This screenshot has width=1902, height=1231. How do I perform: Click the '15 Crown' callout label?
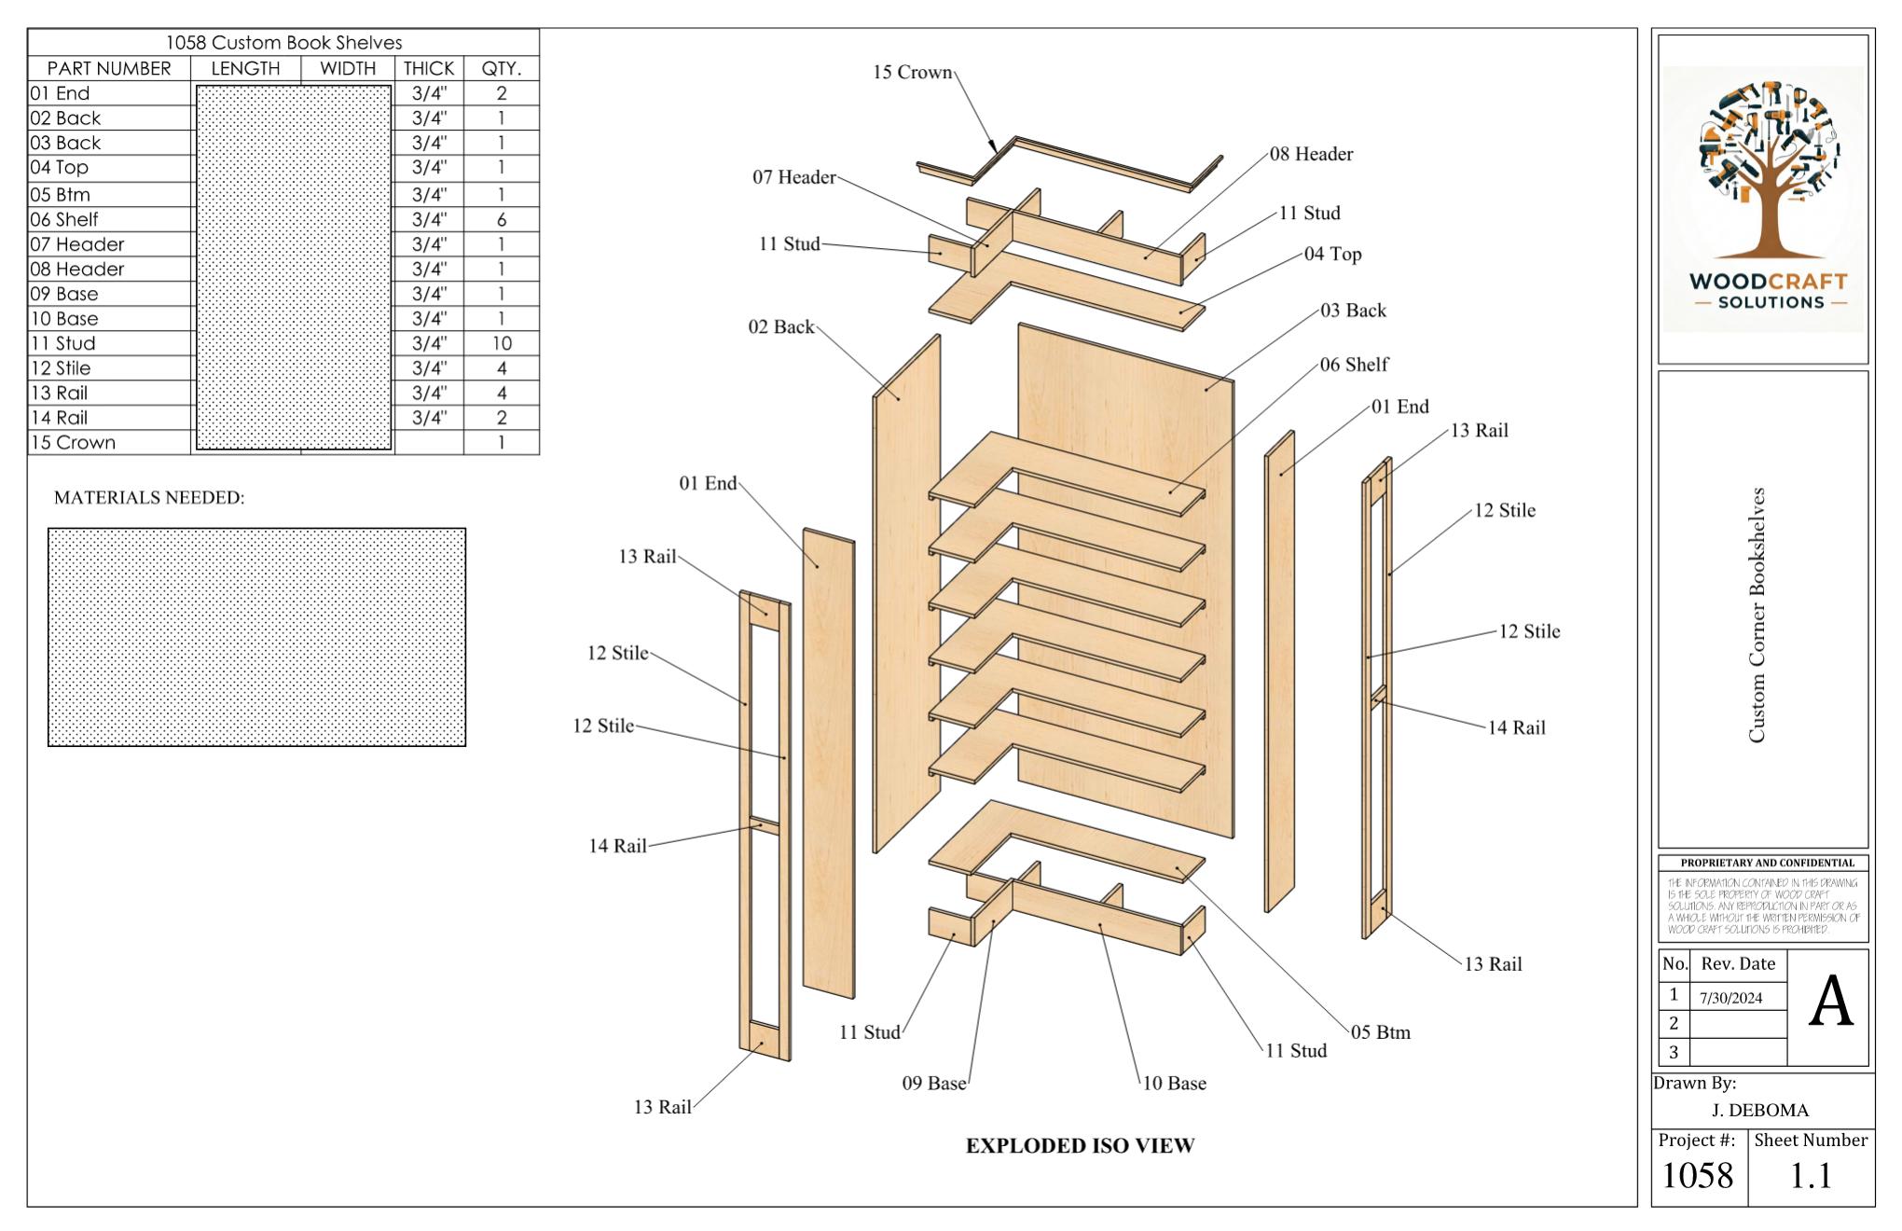pyautogui.click(x=912, y=73)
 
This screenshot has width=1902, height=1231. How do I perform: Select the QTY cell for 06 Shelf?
pyautogui.click(x=501, y=220)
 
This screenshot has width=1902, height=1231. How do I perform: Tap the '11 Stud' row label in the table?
pyautogui.click(x=62, y=343)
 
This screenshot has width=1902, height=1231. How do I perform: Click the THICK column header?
pyautogui.click(x=428, y=68)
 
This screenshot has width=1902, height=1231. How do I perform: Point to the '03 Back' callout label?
pyautogui.click(x=1353, y=311)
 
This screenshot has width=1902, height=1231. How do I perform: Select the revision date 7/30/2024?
pyautogui.click(x=1730, y=998)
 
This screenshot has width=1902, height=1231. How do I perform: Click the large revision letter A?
pyautogui.click(x=1829, y=1003)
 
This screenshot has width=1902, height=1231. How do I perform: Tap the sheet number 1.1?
pyautogui.click(x=1810, y=1176)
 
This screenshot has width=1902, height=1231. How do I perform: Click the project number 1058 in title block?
pyautogui.click(x=1697, y=1176)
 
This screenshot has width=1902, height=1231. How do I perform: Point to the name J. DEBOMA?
pyautogui.click(x=1759, y=1110)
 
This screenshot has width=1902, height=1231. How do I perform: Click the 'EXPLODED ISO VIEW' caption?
pyautogui.click(x=1080, y=1146)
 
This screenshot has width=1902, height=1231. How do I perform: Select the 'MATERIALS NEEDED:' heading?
pyautogui.click(x=149, y=498)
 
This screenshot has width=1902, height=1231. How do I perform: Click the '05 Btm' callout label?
pyautogui.click(x=1381, y=1032)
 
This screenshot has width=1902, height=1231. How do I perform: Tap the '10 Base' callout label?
pyautogui.click(x=1174, y=1084)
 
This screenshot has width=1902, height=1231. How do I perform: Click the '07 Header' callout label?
pyautogui.click(x=793, y=177)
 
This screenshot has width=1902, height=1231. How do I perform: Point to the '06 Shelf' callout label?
pyautogui.click(x=1354, y=365)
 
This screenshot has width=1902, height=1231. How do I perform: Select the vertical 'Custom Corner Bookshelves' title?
pyautogui.click(x=1757, y=615)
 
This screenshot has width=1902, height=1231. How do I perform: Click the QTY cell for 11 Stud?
pyautogui.click(x=501, y=343)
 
